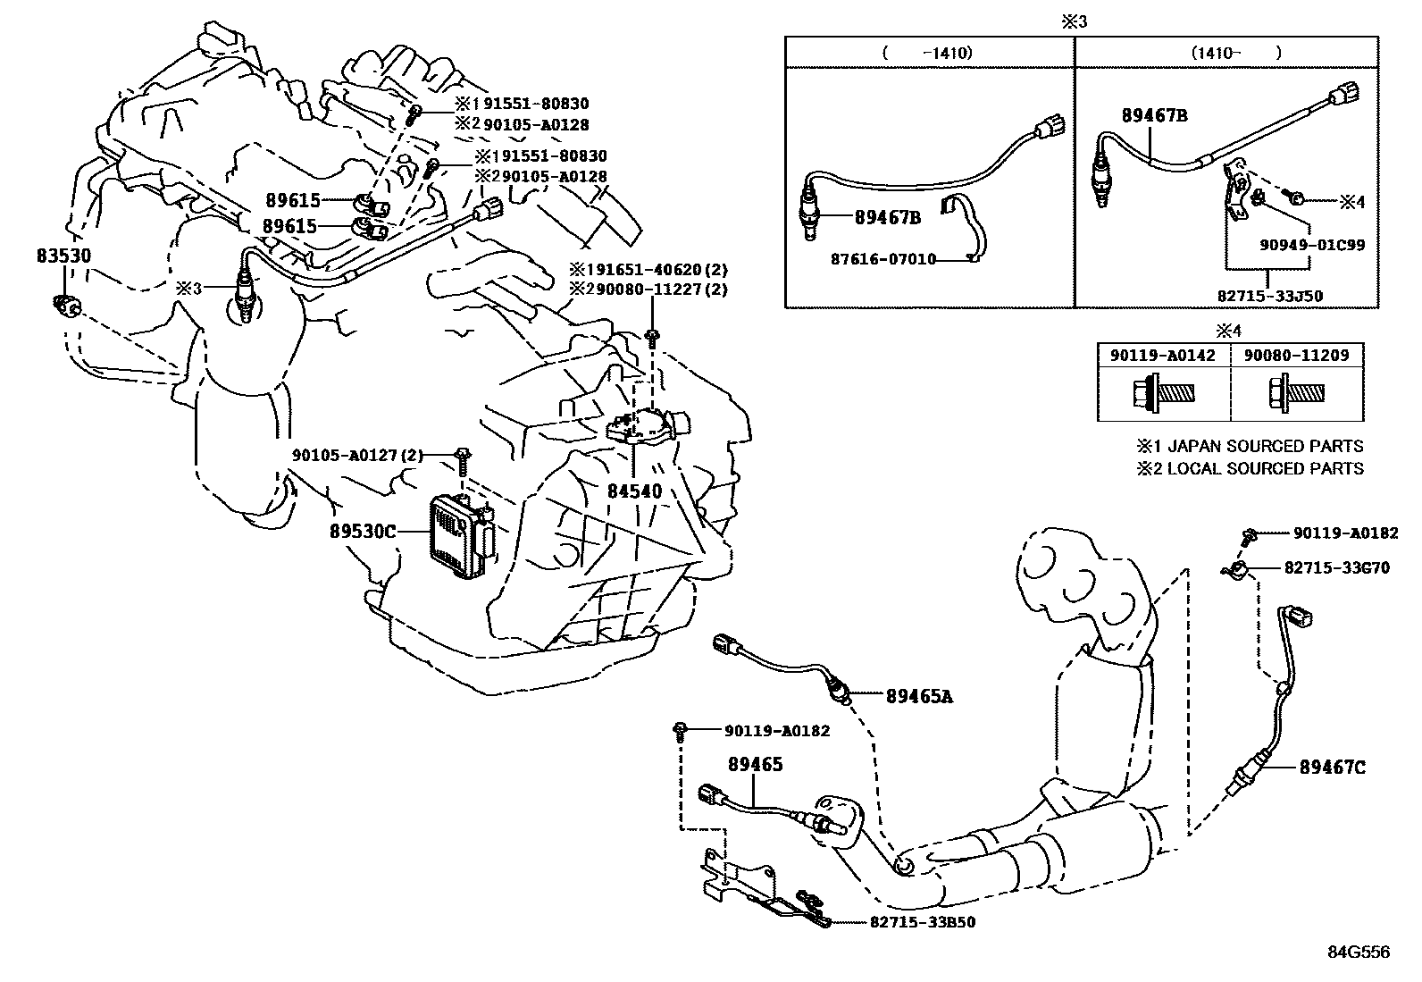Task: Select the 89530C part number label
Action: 362,532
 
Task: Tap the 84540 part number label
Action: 634,491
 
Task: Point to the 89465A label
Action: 919,696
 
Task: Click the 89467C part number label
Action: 1332,767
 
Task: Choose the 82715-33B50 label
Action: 921,922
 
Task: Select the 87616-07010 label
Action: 882,260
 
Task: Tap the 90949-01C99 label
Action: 1310,244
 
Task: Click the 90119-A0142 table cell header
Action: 1163,355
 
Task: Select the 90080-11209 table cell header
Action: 1298,355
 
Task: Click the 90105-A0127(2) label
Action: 356,454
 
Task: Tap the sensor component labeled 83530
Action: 66,305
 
